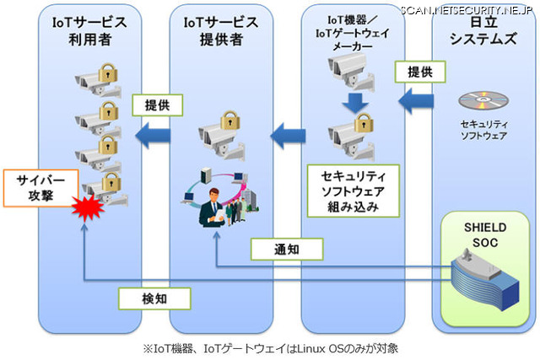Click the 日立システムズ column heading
482,32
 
